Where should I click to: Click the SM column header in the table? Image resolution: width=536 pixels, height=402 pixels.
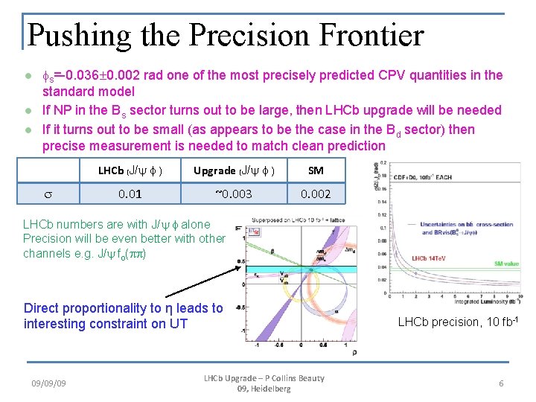click(x=316, y=170)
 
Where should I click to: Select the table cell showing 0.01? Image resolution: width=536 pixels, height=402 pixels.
click(x=130, y=194)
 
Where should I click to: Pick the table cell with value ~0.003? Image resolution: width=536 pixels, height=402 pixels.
click(x=234, y=194)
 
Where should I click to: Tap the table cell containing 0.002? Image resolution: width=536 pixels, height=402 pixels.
click(x=316, y=194)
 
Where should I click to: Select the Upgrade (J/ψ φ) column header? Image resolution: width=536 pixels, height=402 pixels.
click(x=234, y=170)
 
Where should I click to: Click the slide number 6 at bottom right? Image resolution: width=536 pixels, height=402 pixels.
click(x=501, y=383)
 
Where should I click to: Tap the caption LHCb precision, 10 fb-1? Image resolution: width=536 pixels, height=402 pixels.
click(x=458, y=322)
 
